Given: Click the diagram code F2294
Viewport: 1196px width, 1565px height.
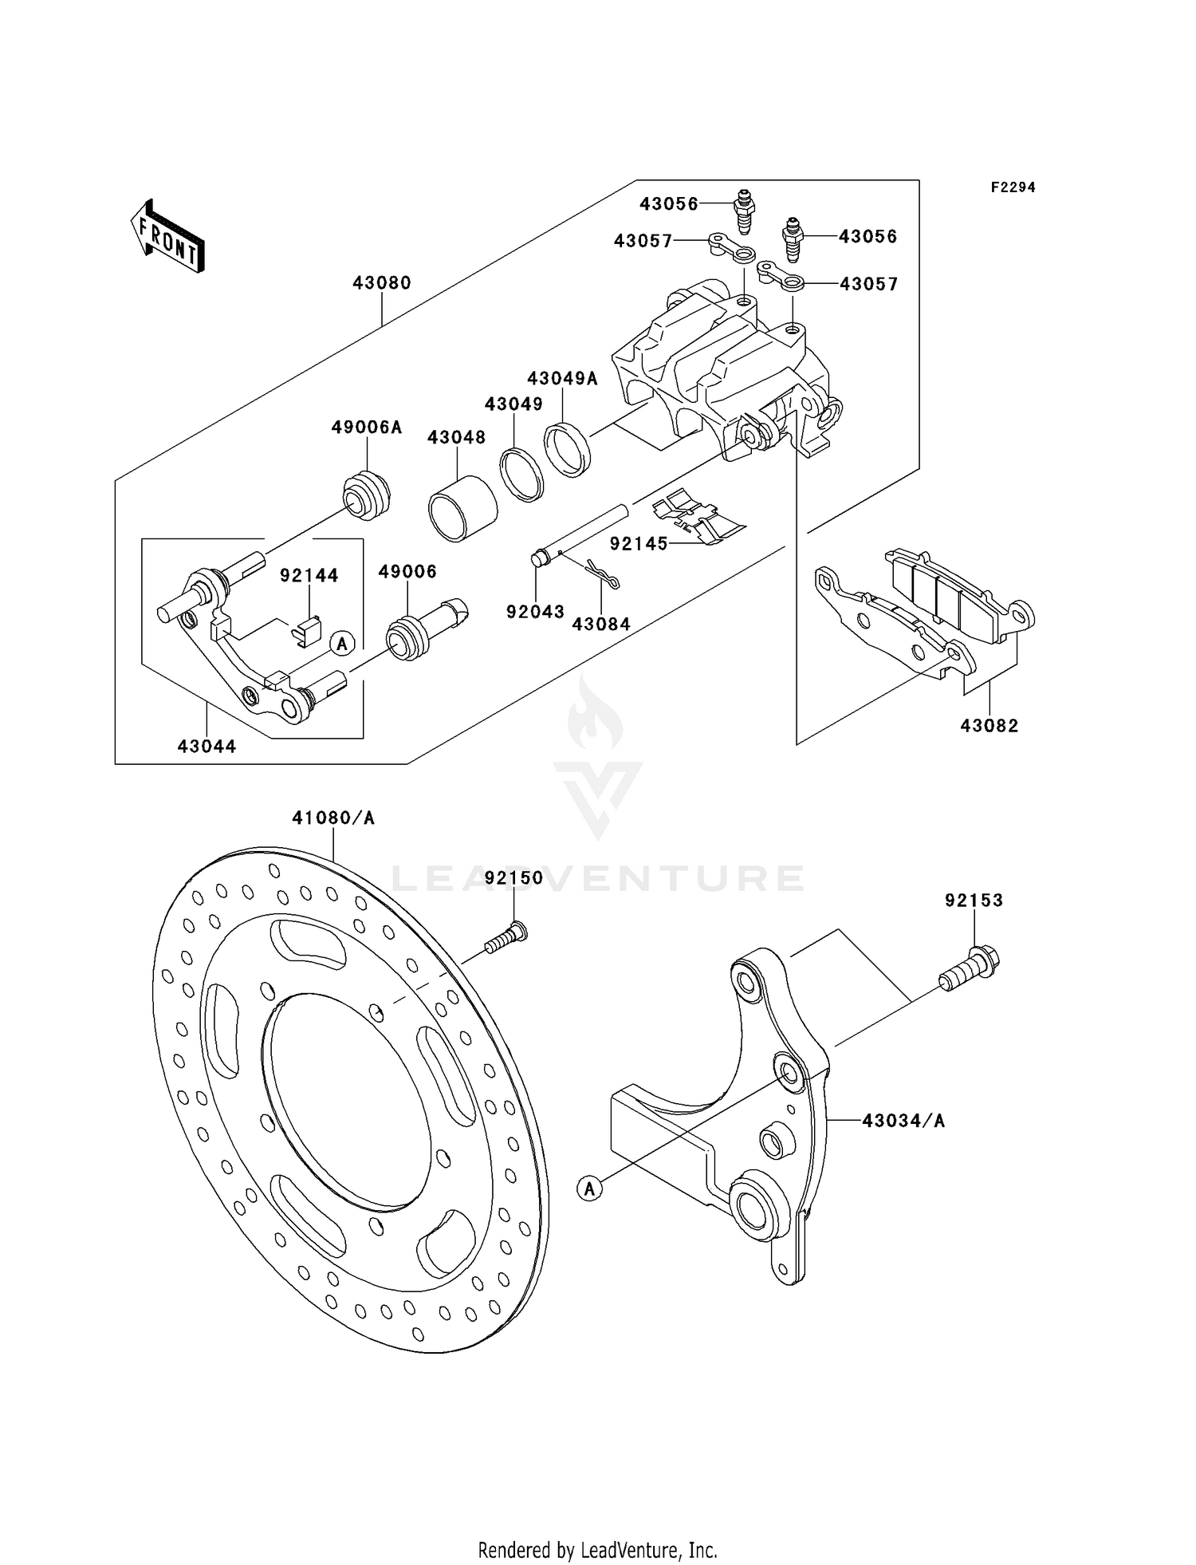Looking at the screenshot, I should (1013, 187).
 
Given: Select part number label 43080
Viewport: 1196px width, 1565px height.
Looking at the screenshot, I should (382, 283).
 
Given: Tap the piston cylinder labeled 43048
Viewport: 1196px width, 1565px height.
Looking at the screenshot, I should (462, 510).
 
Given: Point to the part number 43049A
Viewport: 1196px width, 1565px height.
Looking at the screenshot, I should (561, 378).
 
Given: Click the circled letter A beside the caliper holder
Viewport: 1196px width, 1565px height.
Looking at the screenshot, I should (342, 643).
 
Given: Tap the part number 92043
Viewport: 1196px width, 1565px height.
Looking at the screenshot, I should (535, 612).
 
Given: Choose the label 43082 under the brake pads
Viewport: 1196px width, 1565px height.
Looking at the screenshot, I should (989, 726).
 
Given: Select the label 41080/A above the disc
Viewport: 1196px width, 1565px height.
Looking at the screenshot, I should (333, 818).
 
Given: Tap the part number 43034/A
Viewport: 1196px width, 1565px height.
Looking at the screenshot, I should (903, 1121).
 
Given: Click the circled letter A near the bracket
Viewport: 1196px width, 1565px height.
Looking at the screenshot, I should (589, 1189).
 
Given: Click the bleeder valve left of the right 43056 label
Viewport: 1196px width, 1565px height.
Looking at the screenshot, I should (793, 238).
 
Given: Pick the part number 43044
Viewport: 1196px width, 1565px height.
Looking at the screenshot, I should (207, 747).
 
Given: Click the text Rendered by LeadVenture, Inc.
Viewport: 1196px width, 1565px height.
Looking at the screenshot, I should (597, 1550).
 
